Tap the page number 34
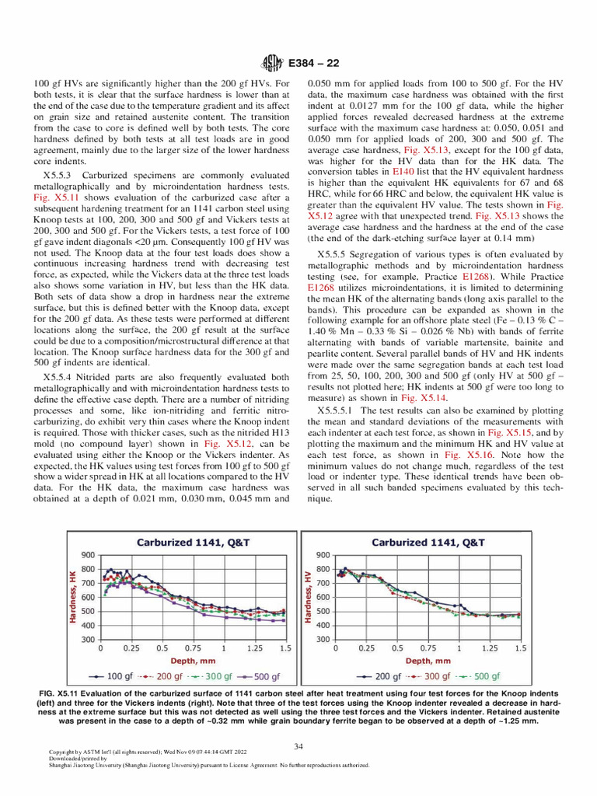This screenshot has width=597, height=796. (298, 746)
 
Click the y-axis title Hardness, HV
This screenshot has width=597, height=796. (308, 596)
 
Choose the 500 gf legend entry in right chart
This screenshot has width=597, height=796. (480, 676)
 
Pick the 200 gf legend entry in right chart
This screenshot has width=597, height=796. (382, 676)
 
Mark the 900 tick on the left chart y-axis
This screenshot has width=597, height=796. (86, 555)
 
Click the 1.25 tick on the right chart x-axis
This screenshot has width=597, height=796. (489, 647)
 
